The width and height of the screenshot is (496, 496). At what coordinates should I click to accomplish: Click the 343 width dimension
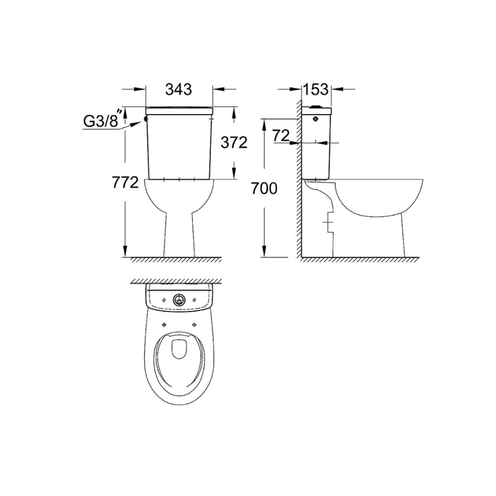point(178,89)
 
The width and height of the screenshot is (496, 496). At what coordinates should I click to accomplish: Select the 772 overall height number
point(125,183)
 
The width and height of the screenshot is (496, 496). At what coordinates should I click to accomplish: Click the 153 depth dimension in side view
point(316,89)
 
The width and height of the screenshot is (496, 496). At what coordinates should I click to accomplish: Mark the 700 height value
point(264,188)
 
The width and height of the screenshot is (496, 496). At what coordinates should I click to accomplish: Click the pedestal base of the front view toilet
point(180,241)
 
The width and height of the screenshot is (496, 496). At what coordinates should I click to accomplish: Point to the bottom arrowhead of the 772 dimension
point(125,251)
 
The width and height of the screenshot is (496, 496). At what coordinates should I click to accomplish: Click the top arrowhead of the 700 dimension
point(264,124)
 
